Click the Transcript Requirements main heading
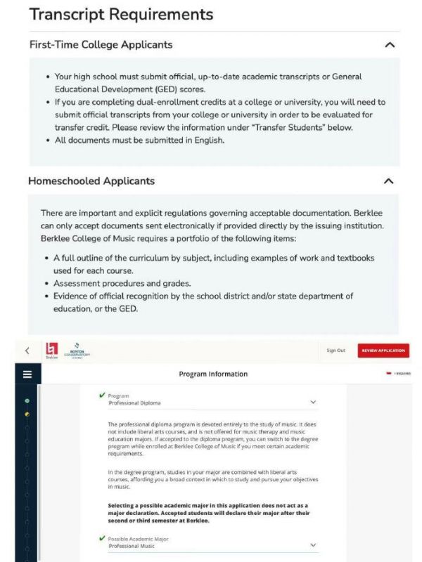pyautogui.click(x=121, y=14)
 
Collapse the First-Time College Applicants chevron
pyautogui.click(x=390, y=45)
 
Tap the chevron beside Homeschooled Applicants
pyautogui.click(x=389, y=181)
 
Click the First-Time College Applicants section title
pyautogui.click(x=101, y=45)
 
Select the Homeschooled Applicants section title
pyautogui.click(x=91, y=181)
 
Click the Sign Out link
pyautogui.click(x=336, y=351)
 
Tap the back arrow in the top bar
pyautogui.click(x=27, y=351)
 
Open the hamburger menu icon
pyautogui.click(x=27, y=374)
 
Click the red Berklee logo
pyautogui.click(x=51, y=349)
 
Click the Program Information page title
pyautogui.click(x=213, y=374)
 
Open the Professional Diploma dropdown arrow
pyautogui.click(x=313, y=403)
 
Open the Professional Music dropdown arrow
pyautogui.click(x=313, y=545)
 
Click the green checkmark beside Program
pyautogui.click(x=103, y=396)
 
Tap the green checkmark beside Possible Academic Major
pyautogui.click(x=103, y=538)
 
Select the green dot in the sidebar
pyautogui.click(x=27, y=400)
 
